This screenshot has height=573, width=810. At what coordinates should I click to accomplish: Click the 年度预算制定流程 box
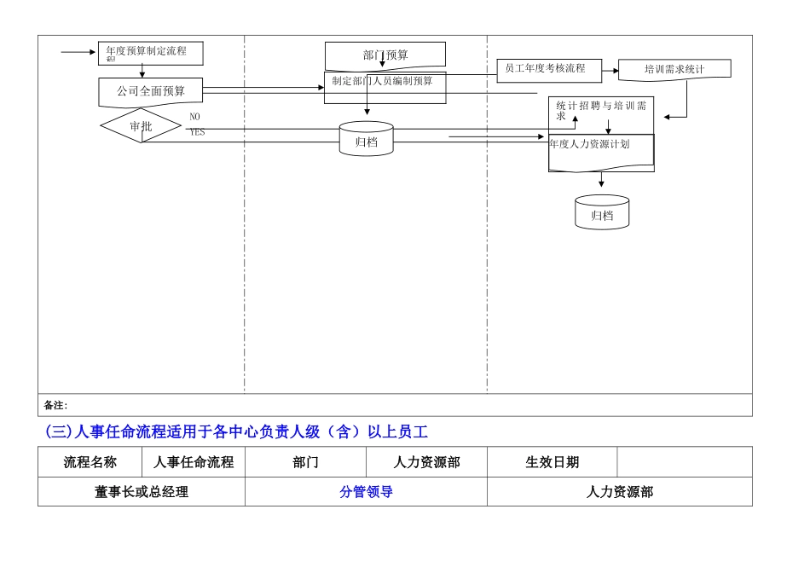(x=142, y=53)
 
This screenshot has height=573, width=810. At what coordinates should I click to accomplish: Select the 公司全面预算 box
(x=151, y=91)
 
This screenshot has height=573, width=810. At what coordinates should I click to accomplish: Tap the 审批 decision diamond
(x=141, y=126)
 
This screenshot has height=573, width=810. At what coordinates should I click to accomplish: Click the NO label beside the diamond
(x=194, y=116)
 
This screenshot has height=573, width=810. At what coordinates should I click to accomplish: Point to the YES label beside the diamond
(x=197, y=132)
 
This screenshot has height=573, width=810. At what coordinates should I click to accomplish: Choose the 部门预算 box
(x=385, y=55)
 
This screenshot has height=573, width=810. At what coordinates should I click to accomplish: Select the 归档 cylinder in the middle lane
(x=367, y=140)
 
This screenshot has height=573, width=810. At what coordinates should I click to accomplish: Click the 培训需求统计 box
(x=674, y=69)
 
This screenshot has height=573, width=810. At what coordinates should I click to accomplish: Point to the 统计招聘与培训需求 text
(x=601, y=109)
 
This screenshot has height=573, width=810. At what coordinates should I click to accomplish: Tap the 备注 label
(x=55, y=405)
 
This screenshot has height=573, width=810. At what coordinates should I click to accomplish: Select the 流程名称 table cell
(x=90, y=462)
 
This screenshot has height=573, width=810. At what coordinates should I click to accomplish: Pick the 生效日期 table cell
(x=552, y=462)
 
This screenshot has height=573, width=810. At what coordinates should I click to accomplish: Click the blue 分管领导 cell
(x=366, y=492)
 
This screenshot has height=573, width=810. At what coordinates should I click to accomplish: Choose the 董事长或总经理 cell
(x=142, y=492)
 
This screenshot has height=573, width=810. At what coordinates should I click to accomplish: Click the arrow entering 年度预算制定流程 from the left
(x=78, y=53)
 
